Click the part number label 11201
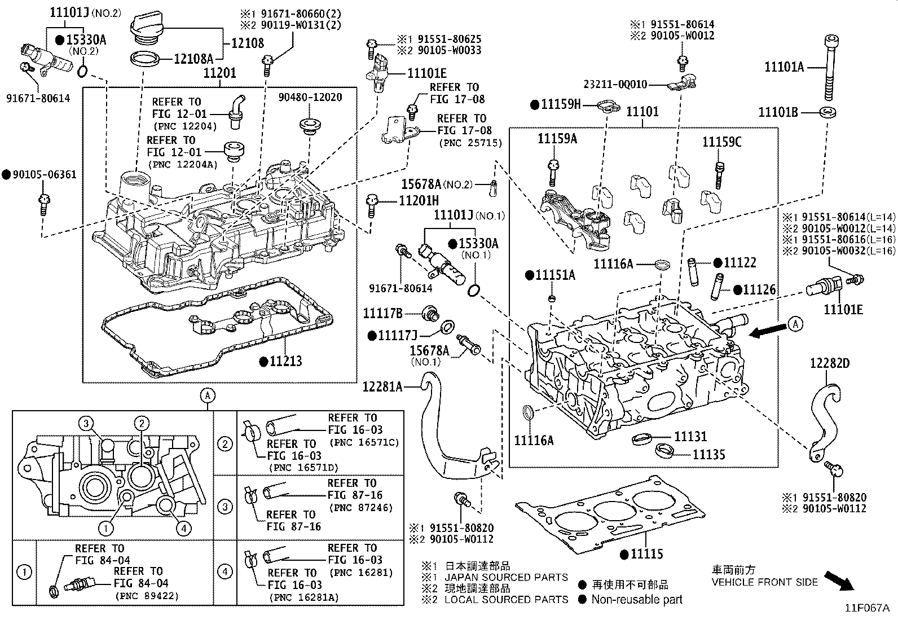coord(219,73)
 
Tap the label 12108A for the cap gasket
coord(193,58)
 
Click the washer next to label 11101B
coord(827,112)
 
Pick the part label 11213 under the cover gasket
coord(285,361)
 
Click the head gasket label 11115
coord(646,555)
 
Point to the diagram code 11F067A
coord(866,608)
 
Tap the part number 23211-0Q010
coord(615,85)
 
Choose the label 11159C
coord(721,142)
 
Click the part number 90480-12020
coord(310,98)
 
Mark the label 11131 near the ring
coord(690,436)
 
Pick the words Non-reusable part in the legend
coord(637,600)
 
